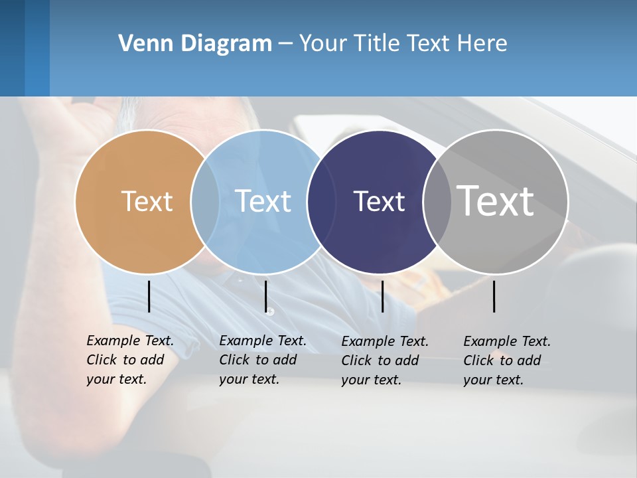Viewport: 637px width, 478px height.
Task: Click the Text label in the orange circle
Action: click(147, 201)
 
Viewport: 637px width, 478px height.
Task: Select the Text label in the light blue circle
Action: click(263, 201)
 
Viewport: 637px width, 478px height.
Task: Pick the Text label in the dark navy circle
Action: click(379, 201)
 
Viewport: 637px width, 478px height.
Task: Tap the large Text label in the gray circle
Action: click(496, 201)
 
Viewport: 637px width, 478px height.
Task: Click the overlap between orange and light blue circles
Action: click(205, 201)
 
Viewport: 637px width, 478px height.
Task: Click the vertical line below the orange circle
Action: click(149, 296)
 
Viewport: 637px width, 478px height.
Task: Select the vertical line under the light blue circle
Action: click(265, 296)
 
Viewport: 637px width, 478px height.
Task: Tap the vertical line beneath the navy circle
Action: click(382, 296)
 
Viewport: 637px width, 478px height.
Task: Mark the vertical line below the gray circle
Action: click(494, 296)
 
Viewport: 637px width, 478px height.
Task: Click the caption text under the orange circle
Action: click(129, 360)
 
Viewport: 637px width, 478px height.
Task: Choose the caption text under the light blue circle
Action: click(262, 360)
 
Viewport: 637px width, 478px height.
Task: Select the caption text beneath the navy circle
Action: click(384, 360)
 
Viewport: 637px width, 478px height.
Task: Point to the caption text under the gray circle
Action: click(506, 360)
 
